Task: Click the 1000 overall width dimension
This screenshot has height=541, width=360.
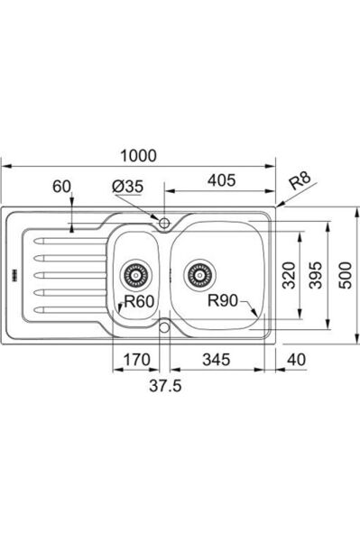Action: coord(138,156)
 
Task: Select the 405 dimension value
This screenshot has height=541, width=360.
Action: coord(222,180)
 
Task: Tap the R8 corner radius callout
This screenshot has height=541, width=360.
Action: coord(300,181)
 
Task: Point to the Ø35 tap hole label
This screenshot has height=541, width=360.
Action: coord(128,187)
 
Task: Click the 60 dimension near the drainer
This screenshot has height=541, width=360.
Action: coord(61,187)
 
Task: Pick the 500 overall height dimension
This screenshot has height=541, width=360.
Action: coord(346,275)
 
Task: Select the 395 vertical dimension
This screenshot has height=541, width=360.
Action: coord(316,275)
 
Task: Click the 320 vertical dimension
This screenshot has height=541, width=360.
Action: coord(289,275)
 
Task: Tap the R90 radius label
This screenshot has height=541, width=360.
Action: coord(223,301)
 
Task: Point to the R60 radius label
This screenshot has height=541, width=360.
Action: coord(139,301)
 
